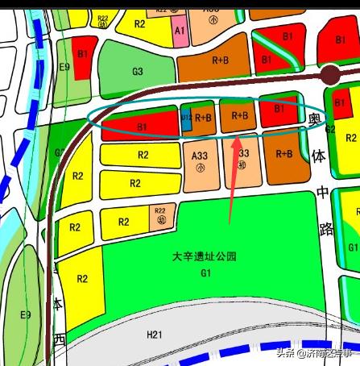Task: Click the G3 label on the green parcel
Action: coord(137,71)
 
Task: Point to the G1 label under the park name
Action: coord(205,273)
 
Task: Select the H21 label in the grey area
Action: coord(155,334)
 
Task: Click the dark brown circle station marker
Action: coord(330,77)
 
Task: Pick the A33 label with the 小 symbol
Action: coord(200,154)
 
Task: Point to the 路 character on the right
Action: coord(327,229)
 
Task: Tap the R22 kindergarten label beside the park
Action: coord(159,214)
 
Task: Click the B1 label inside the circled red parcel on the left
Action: coord(142,127)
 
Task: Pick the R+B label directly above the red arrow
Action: coord(239,115)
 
